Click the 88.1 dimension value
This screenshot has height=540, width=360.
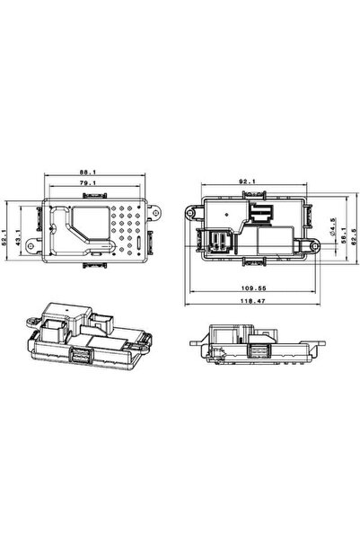(x=88, y=172)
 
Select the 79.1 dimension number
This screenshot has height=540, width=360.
(x=88, y=183)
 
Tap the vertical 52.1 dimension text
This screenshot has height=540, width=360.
(x=4, y=237)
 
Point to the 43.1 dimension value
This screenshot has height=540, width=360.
(x=18, y=237)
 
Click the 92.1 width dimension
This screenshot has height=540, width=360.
(x=247, y=181)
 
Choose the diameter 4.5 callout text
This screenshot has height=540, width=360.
(x=332, y=226)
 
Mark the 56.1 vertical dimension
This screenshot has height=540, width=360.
(x=343, y=235)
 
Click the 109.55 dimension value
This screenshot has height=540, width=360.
(x=253, y=288)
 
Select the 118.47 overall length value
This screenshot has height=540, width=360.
(x=252, y=301)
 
